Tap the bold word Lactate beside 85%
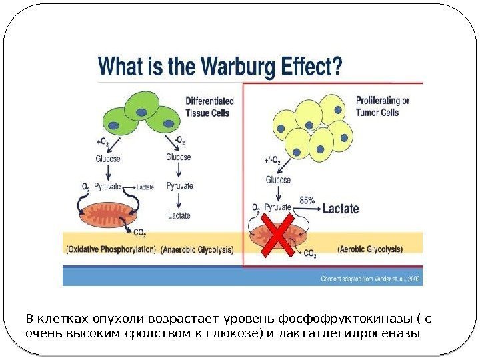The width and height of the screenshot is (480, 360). tap(340, 209)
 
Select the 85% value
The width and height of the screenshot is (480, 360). tap(307, 199)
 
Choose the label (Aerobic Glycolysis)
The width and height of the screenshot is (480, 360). tap(371, 249)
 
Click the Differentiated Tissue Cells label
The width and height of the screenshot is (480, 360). tap(209, 107)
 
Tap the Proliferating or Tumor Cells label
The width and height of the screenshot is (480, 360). tap(383, 107)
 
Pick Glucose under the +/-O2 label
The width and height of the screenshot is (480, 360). tap(278, 179)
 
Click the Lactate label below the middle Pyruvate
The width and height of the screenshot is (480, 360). tap(179, 215)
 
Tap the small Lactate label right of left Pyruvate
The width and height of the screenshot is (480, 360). tap(145, 188)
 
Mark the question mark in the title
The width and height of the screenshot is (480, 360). tap(338, 67)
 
